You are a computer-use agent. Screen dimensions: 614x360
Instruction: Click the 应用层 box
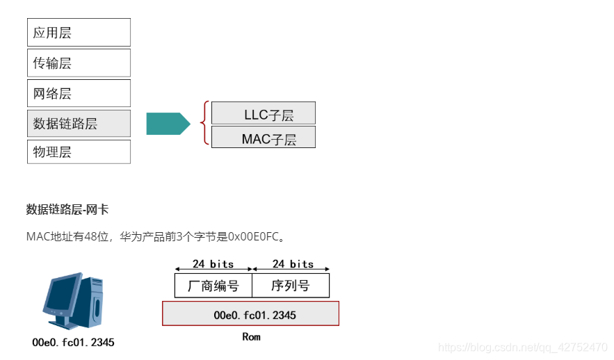(79, 33)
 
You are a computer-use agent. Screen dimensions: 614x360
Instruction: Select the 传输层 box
(79, 63)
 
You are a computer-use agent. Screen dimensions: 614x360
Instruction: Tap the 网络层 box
(79, 93)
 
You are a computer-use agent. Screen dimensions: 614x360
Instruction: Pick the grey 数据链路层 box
(79, 124)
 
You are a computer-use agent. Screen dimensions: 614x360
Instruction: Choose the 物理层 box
(79, 152)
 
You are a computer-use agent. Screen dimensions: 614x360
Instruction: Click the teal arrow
(168, 124)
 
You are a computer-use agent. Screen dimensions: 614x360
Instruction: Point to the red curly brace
(204, 123)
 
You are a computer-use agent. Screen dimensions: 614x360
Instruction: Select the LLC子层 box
(263, 113)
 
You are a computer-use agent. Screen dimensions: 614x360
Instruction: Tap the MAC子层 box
(263, 138)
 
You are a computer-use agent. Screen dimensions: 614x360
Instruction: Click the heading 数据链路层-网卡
(67, 209)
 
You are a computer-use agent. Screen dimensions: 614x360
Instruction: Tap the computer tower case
(93, 302)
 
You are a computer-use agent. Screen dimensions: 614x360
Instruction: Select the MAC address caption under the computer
(73, 342)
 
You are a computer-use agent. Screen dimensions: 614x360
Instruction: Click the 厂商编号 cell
(213, 286)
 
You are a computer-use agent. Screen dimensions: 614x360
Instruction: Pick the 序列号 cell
(291, 286)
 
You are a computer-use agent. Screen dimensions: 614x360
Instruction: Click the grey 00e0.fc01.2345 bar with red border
(250, 314)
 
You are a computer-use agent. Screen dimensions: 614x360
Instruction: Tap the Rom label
(251, 337)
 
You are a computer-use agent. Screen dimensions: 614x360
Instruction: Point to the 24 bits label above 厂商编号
(213, 264)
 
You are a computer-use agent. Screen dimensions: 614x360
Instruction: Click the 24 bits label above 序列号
(293, 264)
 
